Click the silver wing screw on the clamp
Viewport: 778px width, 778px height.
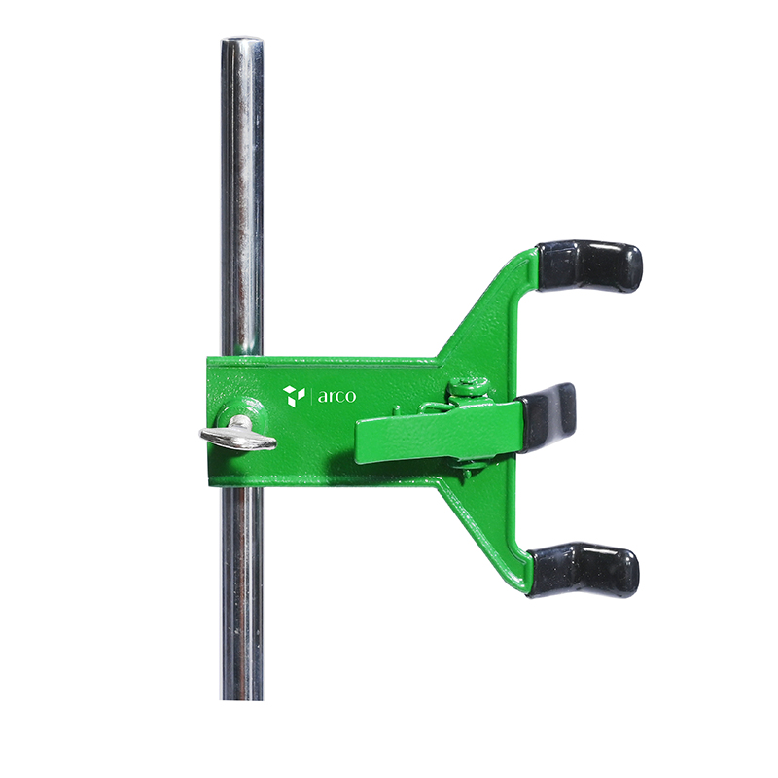pos(239,437)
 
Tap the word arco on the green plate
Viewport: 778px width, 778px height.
pos(336,396)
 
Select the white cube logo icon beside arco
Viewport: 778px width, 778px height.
pos(294,395)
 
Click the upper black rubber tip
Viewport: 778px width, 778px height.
pos(590,265)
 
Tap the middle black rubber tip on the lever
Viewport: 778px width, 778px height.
pos(548,416)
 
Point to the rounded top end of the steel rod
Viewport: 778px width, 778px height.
pos(241,45)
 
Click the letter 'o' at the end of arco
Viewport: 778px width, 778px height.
pos(350,397)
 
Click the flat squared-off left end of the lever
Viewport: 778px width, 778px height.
pos(360,441)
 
